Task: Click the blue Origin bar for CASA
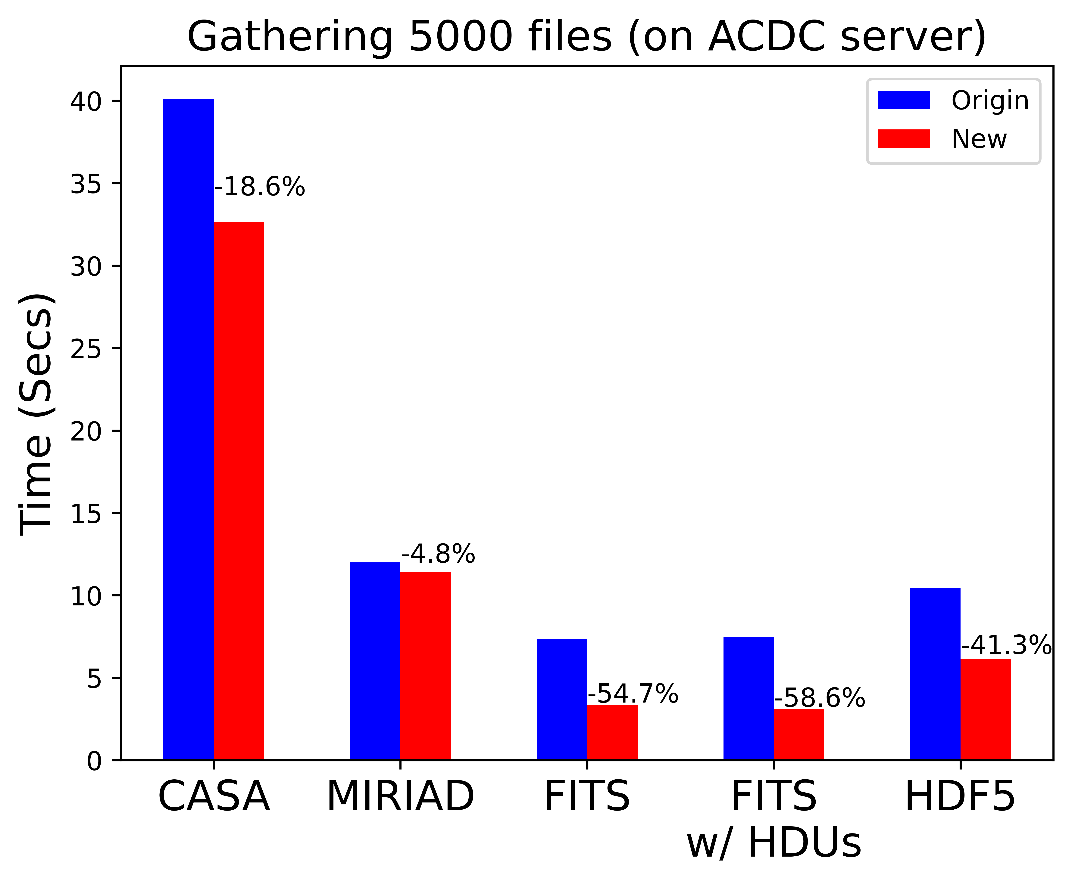click(188, 429)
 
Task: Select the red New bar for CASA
click(239, 491)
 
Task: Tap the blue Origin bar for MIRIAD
click(375, 661)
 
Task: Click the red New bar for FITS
click(612, 732)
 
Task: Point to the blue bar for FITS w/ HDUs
click(748, 698)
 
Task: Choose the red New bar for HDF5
click(985, 709)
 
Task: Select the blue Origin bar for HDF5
click(935, 674)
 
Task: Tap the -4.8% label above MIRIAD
click(438, 554)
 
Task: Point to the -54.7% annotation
click(633, 694)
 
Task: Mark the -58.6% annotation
click(819, 698)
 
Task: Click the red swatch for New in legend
click(903, 138)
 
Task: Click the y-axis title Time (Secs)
click(36, 415)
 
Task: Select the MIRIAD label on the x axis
click(400, 796)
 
